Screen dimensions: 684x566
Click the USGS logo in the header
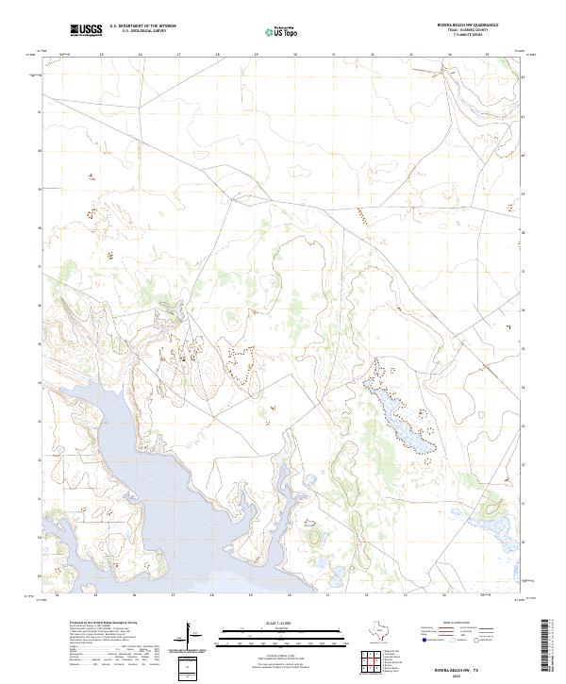[87, 29]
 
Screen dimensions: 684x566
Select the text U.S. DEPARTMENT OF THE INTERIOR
[143, 25]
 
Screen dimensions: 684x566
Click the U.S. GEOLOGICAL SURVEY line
[143, 30]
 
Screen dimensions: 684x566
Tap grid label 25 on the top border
[101, 54]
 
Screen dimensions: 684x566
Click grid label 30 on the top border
[294, 54]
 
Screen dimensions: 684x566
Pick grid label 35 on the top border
[487, 54]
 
